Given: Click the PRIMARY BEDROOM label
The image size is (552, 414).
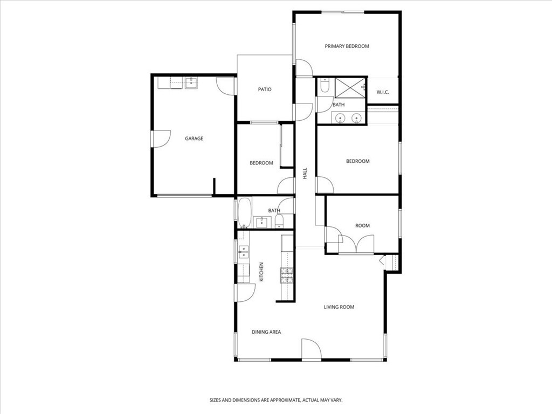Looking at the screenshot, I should pos(347,46).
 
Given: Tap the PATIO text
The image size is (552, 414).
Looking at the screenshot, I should pos(264,89).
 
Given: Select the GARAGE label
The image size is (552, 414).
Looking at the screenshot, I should pos(194,139).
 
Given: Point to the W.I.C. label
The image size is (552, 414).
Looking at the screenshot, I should pos(383,92).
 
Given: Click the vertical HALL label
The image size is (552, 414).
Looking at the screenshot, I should pos(305,173).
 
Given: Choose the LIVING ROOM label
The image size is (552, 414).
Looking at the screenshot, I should pos(339,307).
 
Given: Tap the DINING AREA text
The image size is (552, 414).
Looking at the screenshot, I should pos(266,332).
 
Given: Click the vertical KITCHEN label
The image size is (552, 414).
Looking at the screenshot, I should pos(261,272).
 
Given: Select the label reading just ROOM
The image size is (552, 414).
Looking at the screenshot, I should pos(362,225).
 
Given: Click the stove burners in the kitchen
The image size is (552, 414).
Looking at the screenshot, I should pos(286,275).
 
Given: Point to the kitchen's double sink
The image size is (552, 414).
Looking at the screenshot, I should pos(243,252).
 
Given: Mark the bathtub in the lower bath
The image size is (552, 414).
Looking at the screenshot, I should pos(244,212).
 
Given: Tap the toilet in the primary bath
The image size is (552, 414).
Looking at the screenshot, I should pos(324,85).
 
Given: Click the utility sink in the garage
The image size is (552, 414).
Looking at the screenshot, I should pos(191,82).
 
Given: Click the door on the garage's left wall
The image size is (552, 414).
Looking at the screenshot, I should pos(161,139).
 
